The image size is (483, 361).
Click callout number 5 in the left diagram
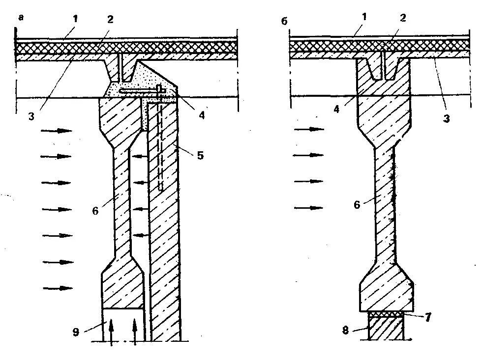pyautogui.click(x=200, y=156)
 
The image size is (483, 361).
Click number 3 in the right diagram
pyautogui.click(x=447, y=119)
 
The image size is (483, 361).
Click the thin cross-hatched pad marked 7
pyautogui.click(x=387, y=313)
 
